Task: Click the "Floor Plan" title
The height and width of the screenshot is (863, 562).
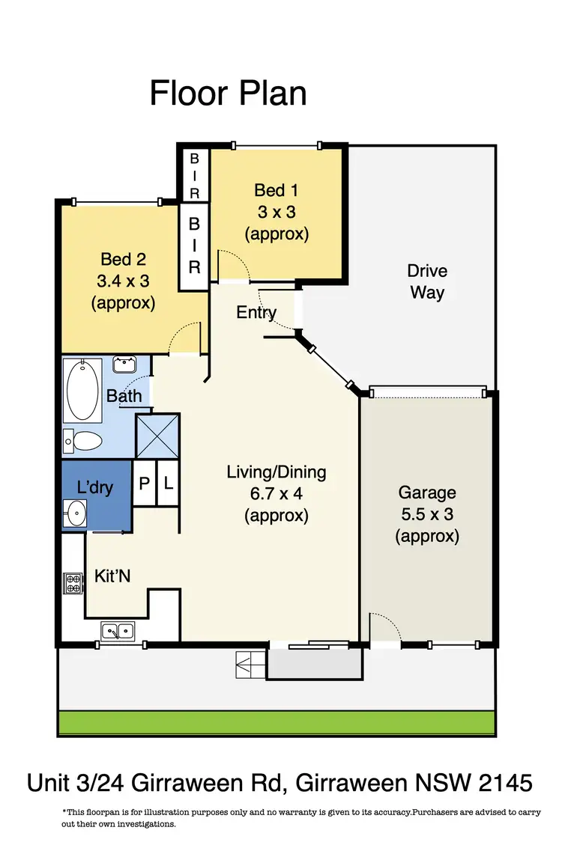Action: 228,94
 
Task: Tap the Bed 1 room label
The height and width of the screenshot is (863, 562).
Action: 277,212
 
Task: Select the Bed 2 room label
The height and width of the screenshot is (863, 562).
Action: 123,281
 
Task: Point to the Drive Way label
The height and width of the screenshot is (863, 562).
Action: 426,281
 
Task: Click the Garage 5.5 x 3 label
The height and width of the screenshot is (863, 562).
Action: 426,514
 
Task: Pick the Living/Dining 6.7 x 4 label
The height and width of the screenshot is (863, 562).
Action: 277,493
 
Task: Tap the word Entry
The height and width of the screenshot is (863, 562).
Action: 256,313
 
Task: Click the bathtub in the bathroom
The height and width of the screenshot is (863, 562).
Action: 84,391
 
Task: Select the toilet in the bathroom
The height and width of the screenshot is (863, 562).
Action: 82,442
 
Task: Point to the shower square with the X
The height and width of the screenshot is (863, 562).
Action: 157,436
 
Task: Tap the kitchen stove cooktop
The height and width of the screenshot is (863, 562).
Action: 73,582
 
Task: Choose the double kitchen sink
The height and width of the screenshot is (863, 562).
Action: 117,631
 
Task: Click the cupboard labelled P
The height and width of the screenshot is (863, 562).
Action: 144,484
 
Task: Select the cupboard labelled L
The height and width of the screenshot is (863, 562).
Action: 169,484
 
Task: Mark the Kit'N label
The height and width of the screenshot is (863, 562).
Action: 114,576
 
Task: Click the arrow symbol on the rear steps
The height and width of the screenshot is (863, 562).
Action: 246,662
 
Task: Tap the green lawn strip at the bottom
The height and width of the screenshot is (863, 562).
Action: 276,722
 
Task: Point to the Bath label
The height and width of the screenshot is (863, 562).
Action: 124,395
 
